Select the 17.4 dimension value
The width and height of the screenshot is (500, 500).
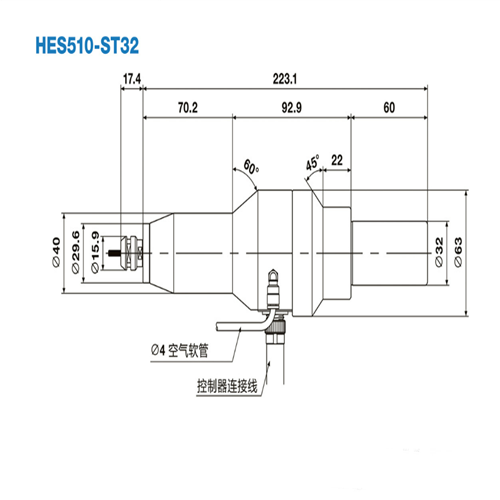coord(132,77)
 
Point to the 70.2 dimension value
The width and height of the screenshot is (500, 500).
coord(187,105)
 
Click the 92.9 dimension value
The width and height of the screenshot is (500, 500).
coord(291,105)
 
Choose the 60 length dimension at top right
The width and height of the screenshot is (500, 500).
coord(389,105)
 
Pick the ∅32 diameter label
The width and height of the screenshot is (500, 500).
coord(441,251)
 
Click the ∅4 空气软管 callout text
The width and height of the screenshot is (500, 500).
coord(183,350)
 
